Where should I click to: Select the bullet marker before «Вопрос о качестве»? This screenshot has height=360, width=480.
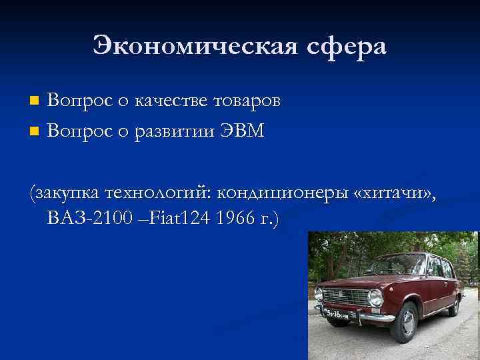[x=35, y=101]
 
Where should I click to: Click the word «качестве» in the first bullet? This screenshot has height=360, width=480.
[x=173, y=101]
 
